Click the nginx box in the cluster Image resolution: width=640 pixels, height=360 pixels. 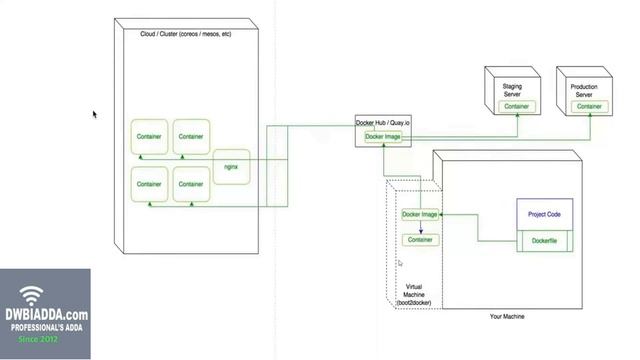pos(230,166)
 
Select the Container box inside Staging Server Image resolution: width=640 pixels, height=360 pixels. pos(516,106)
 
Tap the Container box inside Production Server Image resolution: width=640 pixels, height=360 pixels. pos(588,106)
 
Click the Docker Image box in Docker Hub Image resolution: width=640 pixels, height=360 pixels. pos(383,137)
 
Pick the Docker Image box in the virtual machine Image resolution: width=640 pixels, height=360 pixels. pos(420,214)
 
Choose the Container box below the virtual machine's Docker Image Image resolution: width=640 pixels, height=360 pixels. pos(420,240)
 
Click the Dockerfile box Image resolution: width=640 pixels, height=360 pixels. pos(544,240)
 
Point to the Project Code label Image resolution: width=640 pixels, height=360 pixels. pos(544,214)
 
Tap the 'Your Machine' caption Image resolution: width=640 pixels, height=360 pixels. pos(507,317)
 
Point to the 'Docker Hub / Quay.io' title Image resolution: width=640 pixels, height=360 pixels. pos(383,123)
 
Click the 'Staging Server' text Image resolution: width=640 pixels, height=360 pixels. pos(512,90)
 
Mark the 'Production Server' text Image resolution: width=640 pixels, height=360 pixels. pos(584,90)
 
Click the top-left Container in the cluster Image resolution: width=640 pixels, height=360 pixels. pos(149,136)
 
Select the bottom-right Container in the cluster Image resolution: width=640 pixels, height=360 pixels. pos(191,184)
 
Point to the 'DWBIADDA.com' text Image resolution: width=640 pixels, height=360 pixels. pos(44,314)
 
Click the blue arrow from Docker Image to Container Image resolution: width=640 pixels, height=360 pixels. pos(420,227)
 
